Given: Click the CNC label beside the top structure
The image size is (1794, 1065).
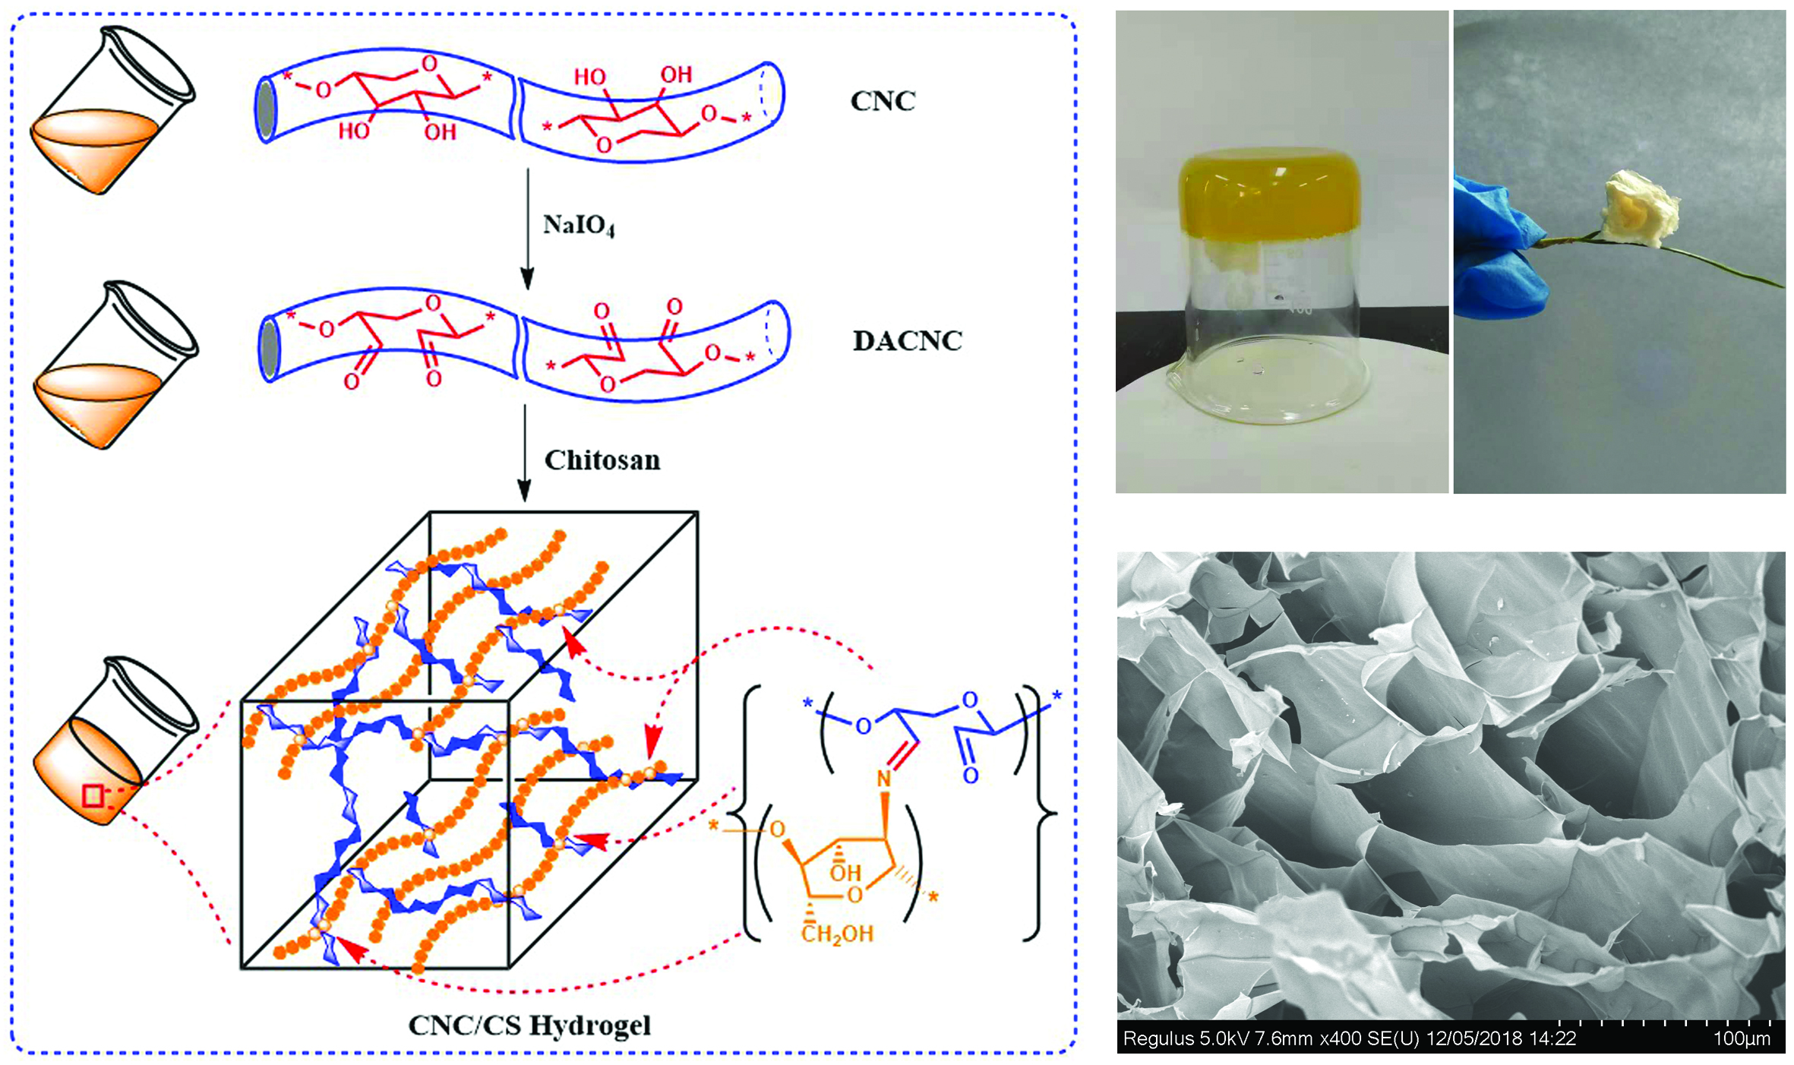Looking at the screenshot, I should tap(883, 101).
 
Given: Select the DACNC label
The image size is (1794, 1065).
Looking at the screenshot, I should tap(907, 341).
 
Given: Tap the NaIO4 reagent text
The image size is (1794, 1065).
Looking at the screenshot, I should tap(578, 226).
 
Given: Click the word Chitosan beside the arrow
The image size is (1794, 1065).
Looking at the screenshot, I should tap(602, 460).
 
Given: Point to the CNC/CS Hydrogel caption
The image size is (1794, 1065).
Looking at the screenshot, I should tap(529, 1025).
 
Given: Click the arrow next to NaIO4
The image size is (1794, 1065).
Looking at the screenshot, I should tap(527, 228).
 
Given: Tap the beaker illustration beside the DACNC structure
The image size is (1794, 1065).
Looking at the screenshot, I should tap(114, 365).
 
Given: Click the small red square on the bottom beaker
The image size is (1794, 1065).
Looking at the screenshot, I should tap(93, 796).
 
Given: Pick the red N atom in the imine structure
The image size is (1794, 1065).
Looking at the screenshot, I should tap(883, 779).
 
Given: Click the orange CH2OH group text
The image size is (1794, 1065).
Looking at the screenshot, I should tap(837, 934).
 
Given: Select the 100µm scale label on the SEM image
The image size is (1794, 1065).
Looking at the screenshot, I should tap(1741, 1038).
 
